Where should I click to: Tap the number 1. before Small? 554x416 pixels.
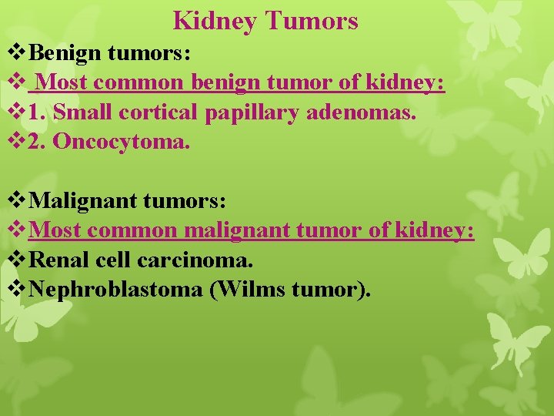click(37, 113)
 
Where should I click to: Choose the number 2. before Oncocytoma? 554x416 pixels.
click(37, 143)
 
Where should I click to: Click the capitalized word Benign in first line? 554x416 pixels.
click(65, 55)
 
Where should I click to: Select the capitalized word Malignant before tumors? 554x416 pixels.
click(84, 201)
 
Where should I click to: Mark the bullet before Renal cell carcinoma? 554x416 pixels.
click(16, 260)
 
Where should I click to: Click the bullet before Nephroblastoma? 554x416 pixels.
click(16, 290)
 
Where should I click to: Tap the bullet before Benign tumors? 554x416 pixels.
click(16, 55)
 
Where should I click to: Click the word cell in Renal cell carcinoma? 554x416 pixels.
click(115, 260)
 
